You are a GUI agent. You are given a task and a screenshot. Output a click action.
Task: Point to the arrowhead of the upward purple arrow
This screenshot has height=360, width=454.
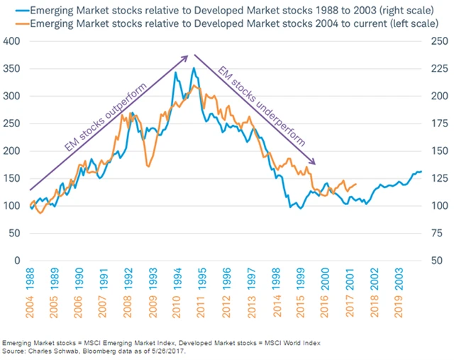click(188, 57)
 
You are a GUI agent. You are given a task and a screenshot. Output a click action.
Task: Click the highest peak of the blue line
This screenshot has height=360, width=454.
click(194, 68)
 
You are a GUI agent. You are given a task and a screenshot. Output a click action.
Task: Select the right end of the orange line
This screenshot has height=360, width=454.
click(355, 183)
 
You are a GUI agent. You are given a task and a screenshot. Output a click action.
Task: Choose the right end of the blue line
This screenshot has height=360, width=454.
click(421, 171)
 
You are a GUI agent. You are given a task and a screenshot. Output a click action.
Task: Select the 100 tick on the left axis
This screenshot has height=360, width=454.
click(11, 206)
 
